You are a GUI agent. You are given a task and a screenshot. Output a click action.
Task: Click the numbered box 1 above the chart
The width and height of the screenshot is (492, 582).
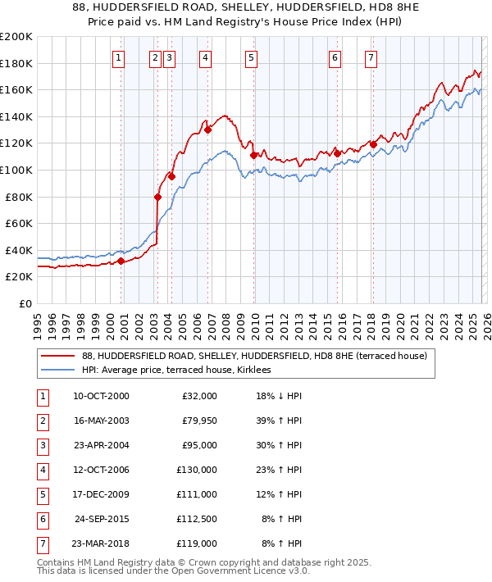[x=119, y=57]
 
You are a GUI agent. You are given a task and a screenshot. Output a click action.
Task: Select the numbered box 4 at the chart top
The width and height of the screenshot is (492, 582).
[x=205, y=57]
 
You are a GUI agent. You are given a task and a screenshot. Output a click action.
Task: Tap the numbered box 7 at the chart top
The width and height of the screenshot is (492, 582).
[x=371, y=57]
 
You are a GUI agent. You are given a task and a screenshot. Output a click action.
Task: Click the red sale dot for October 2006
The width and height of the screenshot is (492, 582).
[x=208, y=130]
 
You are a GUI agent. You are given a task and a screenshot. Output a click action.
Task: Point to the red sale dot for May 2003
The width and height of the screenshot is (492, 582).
[x=157, y=197]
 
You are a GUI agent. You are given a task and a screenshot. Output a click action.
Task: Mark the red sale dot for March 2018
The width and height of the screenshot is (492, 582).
[x=373, y=145]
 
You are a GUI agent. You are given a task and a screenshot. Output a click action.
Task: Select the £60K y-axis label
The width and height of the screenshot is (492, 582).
[x=18, y=224]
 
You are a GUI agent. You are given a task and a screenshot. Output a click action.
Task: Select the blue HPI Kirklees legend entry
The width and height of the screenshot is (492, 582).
[x=180, y=370]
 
